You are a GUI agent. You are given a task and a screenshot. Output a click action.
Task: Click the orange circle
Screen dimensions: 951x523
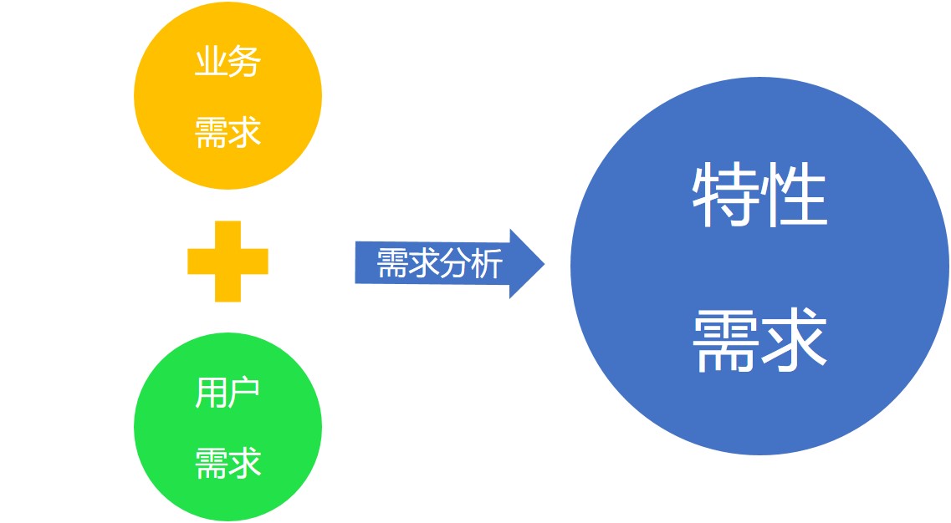click(228, 96)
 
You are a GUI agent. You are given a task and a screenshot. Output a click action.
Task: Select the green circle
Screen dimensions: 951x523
click(228, 426)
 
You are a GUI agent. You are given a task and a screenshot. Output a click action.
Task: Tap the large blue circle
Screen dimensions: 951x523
click(760, 266)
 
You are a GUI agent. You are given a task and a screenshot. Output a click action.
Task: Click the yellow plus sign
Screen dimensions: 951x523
click(228, 261)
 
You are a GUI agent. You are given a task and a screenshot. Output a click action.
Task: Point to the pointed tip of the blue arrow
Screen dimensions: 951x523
click(544, 264)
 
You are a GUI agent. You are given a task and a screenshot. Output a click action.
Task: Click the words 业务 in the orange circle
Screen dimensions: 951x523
click(228, 61)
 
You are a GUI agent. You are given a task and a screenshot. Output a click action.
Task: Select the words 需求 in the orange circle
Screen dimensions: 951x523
click(228, 132)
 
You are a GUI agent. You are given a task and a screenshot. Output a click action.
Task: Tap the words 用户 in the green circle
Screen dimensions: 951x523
click(228, 392)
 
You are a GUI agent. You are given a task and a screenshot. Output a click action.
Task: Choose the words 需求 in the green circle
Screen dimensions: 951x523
click(228, 463)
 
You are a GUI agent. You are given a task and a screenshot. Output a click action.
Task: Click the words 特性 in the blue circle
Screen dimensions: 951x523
click(760, 195)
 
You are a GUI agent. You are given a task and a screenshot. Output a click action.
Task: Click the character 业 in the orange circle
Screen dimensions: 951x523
click(211, 61)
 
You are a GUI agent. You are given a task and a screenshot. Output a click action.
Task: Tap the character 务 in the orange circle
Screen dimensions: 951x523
click(244, 61)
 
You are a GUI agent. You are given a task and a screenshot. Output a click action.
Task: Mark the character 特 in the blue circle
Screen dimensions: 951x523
click(725, 195)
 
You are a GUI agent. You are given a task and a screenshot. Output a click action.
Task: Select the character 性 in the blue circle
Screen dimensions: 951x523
click(795, 195)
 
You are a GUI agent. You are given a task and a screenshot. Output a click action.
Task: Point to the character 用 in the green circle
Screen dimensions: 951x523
click(211, 393)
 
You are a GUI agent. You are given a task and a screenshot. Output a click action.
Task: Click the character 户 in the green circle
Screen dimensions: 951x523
click(244, 392)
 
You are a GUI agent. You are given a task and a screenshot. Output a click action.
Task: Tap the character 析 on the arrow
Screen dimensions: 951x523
click(488, 263)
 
